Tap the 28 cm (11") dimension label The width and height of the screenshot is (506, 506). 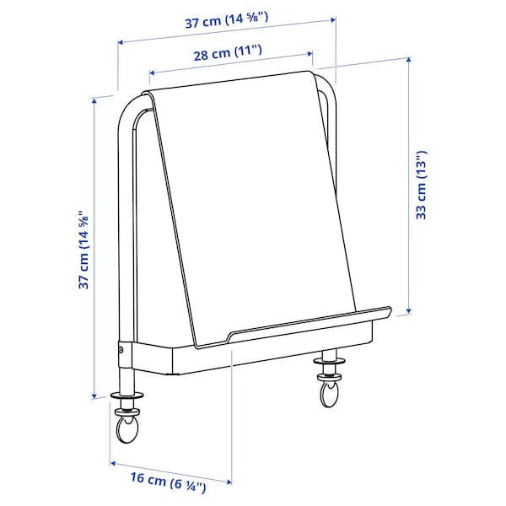pyautogui.click(x=226, y=54)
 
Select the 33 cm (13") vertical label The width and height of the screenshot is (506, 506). pyautogui.click(x=423, y=185)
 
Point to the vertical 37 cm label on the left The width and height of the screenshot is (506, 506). pyautogui.click(x=83, y=250)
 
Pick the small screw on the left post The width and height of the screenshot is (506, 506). pyautogui.click(x=121, y=349)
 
